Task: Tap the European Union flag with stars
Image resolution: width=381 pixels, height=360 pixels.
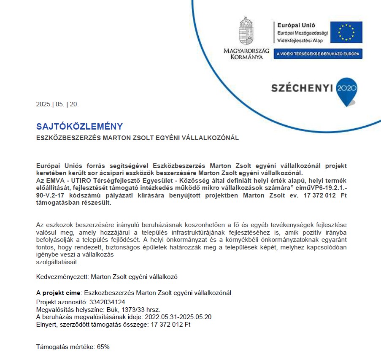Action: point(346,32)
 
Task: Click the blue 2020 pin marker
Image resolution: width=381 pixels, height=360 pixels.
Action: point(347,89)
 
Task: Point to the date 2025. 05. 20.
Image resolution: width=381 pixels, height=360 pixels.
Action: point(57,104)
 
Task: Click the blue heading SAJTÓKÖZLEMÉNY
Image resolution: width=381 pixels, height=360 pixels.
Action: point(79,126)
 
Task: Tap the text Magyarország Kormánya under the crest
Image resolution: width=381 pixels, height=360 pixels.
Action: point(246,54)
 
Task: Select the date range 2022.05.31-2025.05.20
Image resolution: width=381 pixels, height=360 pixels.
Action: point(178,317)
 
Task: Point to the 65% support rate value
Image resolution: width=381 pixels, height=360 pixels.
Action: point(103,347)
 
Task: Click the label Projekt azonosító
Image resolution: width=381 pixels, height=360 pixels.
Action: point(60,302)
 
